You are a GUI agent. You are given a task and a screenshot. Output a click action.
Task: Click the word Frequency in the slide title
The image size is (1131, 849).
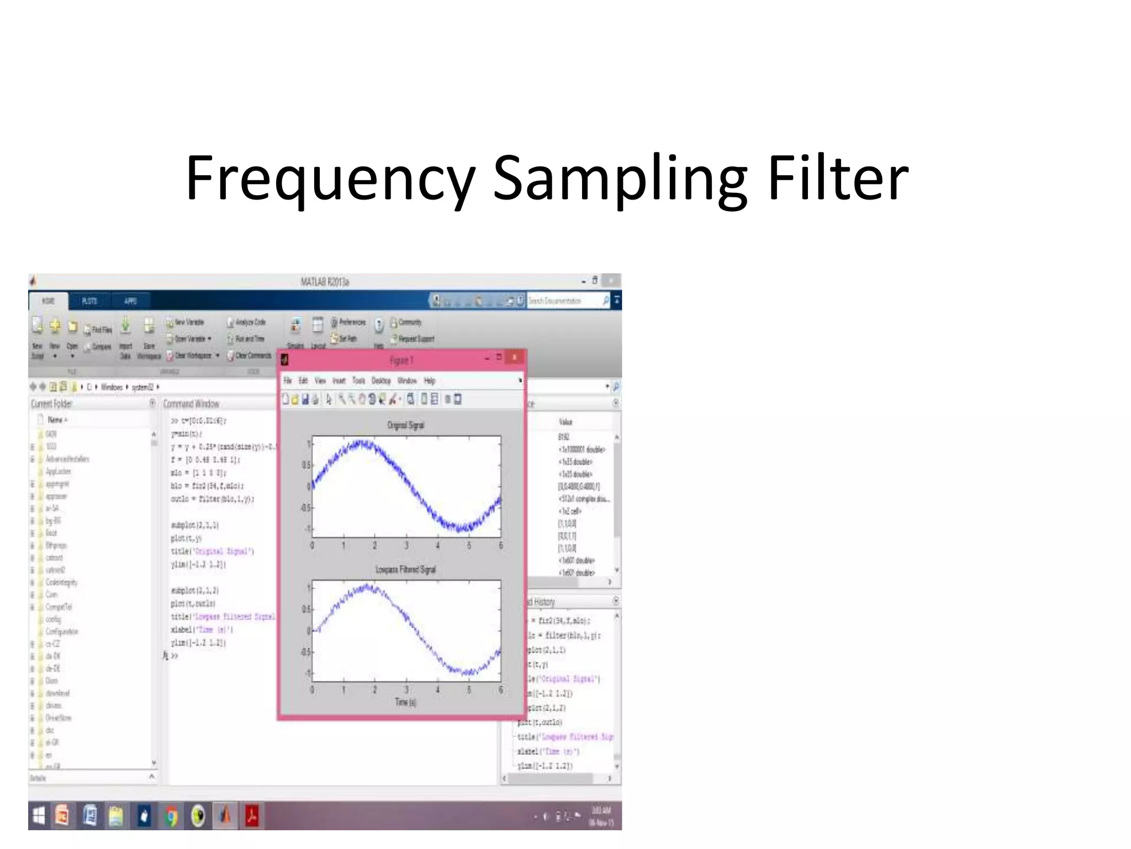click(x=330, y=179)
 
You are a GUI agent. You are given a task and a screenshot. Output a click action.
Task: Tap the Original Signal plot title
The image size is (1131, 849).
click(x=405, y=425)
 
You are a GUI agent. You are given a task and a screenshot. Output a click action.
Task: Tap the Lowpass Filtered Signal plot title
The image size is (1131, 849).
click(x=405, y=569)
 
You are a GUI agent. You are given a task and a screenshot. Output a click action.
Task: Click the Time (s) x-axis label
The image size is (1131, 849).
click(x=405, y=702)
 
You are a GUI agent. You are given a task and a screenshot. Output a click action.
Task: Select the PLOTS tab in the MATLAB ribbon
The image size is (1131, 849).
click(x=89, y=301)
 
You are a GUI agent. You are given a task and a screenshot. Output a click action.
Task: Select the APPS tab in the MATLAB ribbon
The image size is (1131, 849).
click(x=130, y=301)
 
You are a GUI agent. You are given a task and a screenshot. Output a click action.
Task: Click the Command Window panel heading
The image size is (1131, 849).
click(x=191, y=404)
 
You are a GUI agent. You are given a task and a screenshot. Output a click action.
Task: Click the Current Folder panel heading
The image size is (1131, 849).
click(x=51, y=404)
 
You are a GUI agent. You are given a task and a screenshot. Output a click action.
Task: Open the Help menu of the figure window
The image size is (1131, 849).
click(x=430, y=381)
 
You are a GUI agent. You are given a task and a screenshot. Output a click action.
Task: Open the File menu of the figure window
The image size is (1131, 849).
click(x=288, y=381)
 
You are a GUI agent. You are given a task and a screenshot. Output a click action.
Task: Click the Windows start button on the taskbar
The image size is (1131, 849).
click(x=39, y=816)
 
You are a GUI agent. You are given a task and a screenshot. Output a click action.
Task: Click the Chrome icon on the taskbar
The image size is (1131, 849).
click(x=171, y=816)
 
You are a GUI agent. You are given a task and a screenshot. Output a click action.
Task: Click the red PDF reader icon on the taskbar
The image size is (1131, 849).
click(x=252, y=816)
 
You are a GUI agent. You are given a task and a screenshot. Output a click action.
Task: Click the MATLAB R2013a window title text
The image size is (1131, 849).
click(x=325, y=282)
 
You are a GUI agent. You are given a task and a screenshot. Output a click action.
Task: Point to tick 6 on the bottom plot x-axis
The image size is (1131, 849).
click(x=500, y=690)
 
